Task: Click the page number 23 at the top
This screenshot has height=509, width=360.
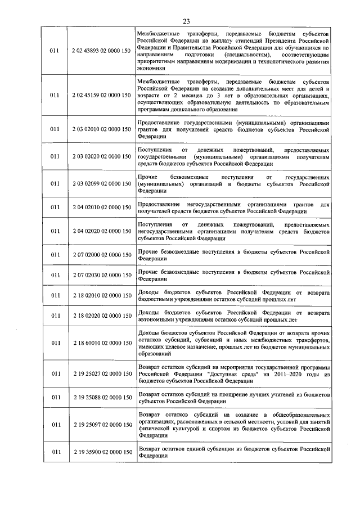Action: click(186, 21)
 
